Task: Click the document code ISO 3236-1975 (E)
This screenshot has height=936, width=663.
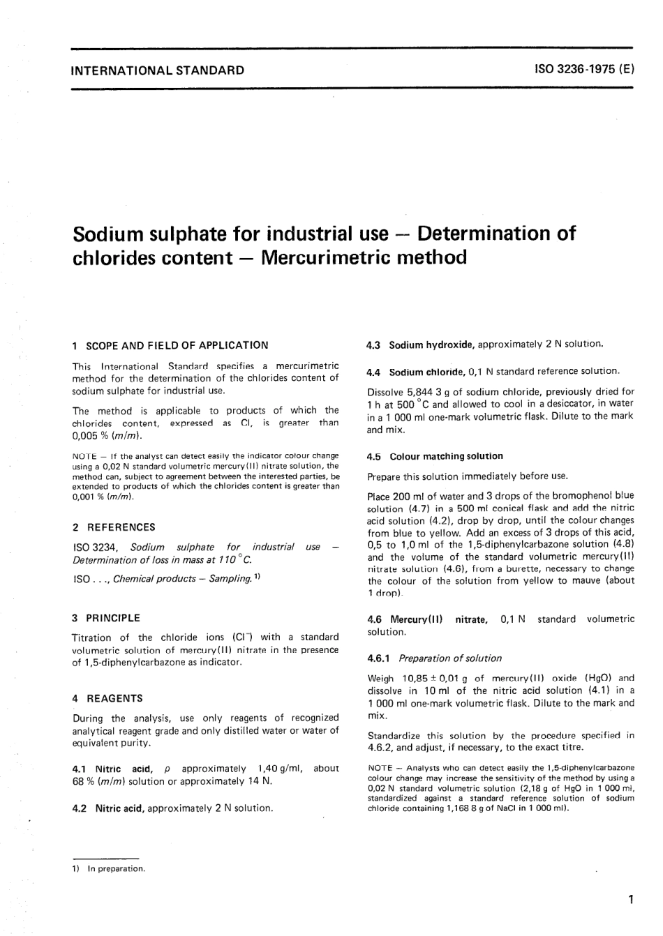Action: click(583, 70)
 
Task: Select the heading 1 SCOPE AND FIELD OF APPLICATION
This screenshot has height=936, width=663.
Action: click(170, 345)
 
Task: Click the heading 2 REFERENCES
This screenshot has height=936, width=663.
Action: click(114, 527)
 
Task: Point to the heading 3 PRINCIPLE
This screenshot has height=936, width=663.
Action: click(106, 618)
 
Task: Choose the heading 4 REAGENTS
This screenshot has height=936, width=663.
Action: click(107, 698)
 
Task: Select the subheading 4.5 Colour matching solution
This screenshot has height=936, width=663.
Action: click(435, 457)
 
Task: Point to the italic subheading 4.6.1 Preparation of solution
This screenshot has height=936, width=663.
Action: click(434, 658)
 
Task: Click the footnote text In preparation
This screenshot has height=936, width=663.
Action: click(115, 869)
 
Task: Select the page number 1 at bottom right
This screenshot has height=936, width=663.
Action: click(630, 899)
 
